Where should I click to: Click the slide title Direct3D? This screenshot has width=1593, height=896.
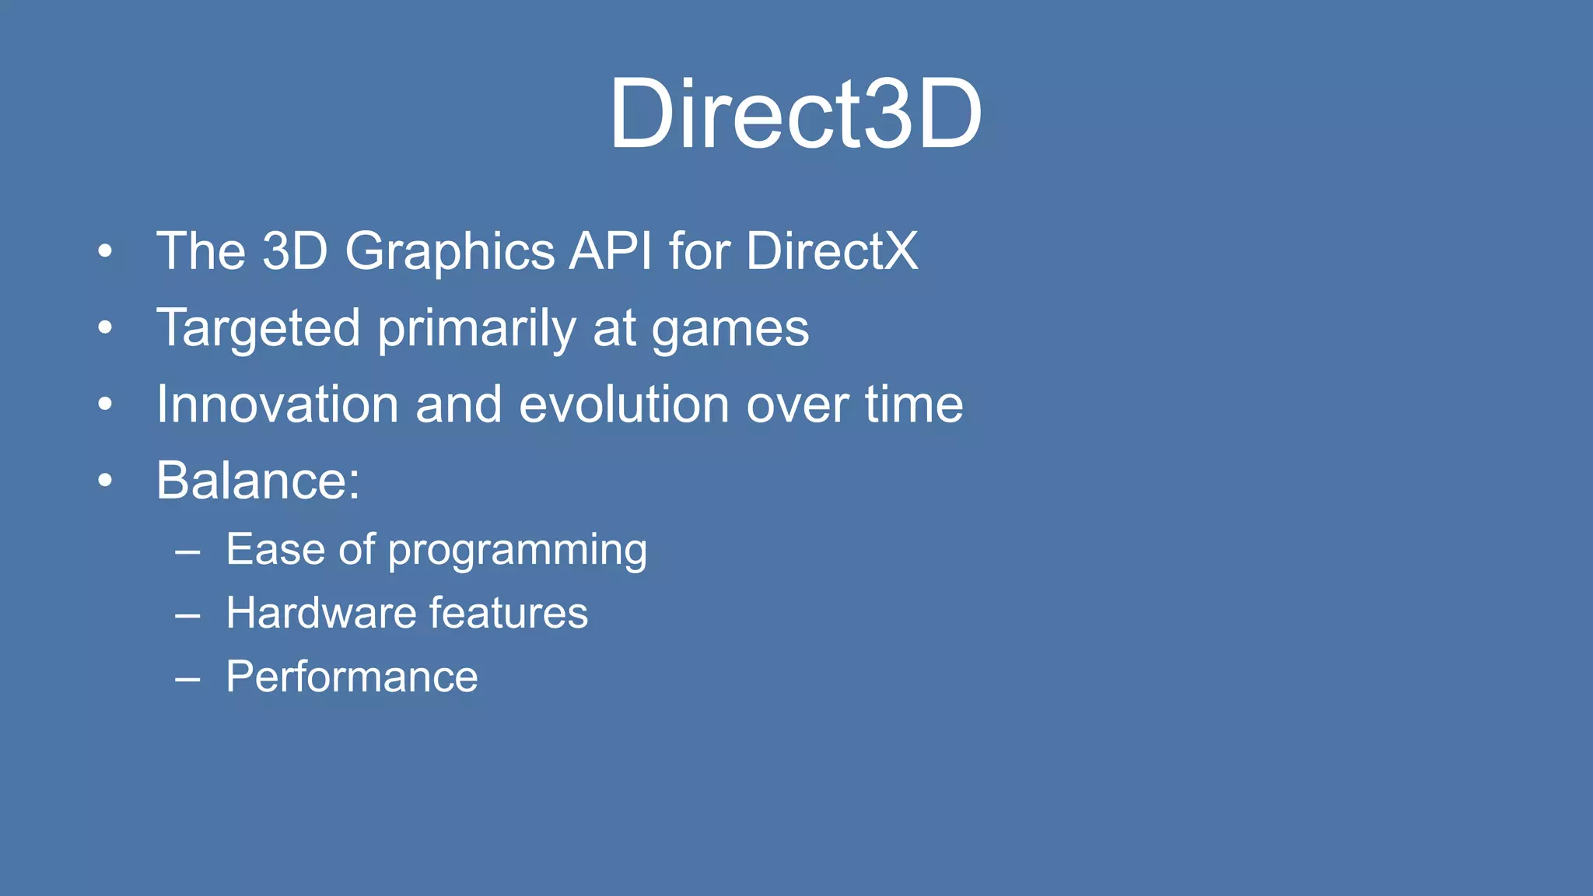[795, 114]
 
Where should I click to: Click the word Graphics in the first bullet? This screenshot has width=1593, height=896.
[450, 251]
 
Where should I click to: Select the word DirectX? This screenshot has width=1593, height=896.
[832, 251]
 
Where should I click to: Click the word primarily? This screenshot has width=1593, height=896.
[476, 327]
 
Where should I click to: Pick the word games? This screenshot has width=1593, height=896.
[730, 329]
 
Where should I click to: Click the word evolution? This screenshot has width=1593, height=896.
[624, 404]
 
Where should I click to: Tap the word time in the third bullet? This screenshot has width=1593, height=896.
[914, 404]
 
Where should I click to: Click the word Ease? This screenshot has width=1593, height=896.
[275, 549]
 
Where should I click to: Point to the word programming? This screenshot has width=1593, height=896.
[517, 551]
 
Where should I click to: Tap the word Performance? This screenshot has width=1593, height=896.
[352, 677]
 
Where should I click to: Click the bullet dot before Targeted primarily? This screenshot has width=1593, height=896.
[105, 327]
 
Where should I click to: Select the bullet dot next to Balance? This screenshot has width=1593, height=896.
[105, 481]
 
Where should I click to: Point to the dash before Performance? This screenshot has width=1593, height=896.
[187, 679]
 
